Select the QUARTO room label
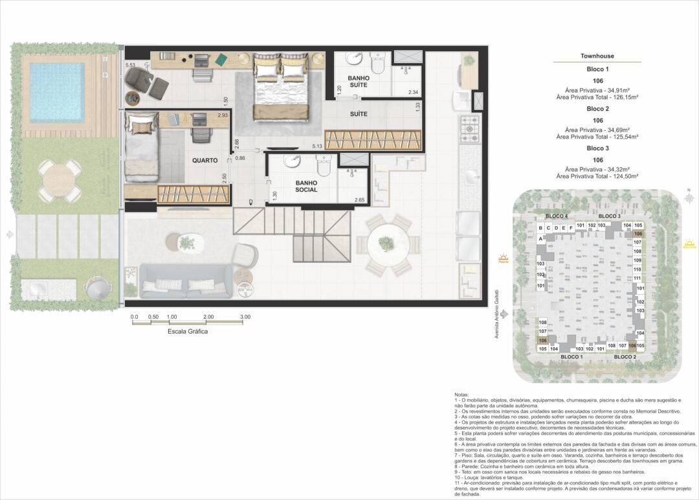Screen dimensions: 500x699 [x=205, y=160]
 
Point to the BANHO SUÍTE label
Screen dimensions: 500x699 [x=358, y=82]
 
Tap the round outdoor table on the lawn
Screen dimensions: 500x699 [x=59, y=181]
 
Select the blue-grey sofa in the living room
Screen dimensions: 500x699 [x=186, y=280]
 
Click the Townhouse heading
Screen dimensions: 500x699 [x=597, y=56]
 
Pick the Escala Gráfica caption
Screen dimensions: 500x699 [x=188, y=332]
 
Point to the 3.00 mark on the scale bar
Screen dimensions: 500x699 [x=245, y=317]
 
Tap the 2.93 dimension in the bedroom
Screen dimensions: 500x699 [x=222, y=115]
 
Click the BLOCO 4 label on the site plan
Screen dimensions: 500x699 [x=557, y=216]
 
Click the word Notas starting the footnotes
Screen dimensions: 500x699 [x=461, y=394]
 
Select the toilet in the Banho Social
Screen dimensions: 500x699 [x=323, y=166]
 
